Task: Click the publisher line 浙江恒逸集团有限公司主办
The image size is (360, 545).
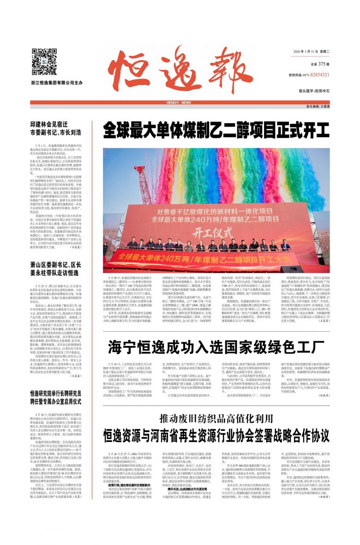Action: pos(54,83)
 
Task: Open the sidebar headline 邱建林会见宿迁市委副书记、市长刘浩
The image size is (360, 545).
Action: pos(55,129)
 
